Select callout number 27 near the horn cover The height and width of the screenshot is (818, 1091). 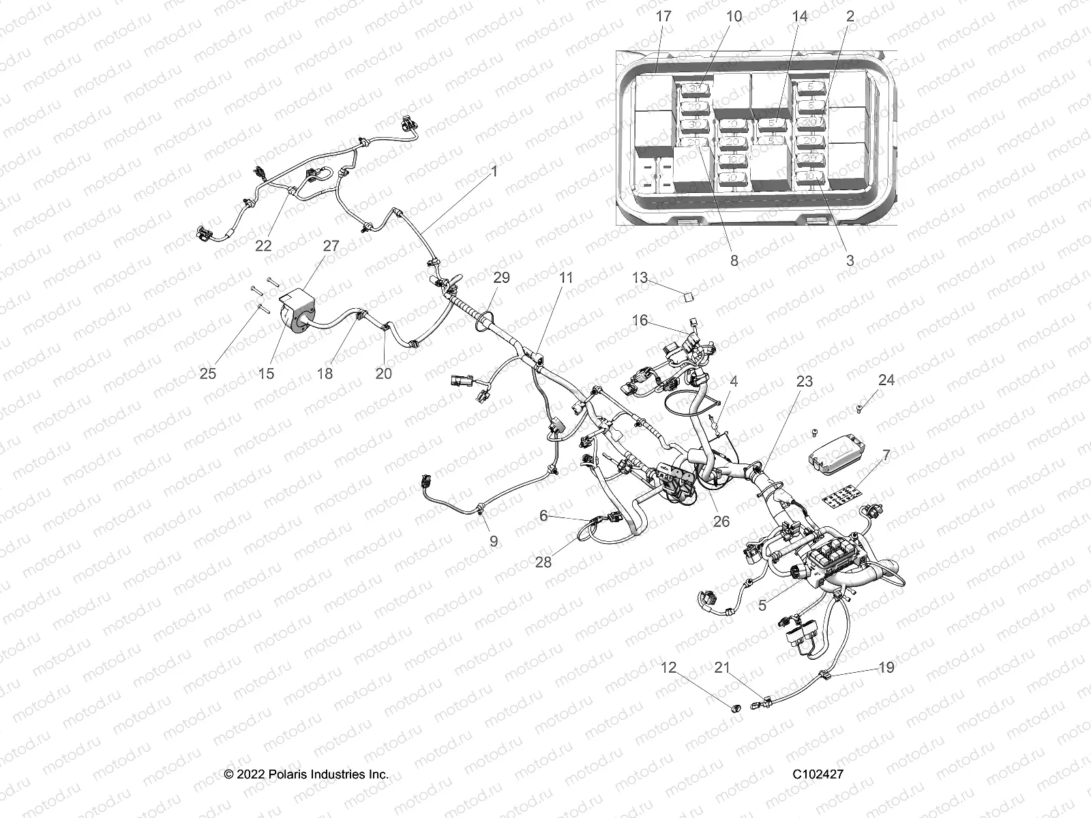pos(331,246)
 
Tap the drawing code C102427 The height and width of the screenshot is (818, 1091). pos(818,774)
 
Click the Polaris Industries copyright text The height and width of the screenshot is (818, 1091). pos(306,774)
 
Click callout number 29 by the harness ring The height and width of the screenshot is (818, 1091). pos(502,278)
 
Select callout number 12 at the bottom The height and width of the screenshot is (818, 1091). pos(668,667)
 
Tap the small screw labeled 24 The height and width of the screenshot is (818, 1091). pos(859,408)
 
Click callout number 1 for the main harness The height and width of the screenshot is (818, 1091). pos(494,171)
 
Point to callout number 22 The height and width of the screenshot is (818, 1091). pos(263,246)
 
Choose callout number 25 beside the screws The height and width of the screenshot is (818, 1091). pos(208,373)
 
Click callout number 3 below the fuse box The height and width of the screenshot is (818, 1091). pos(850,260)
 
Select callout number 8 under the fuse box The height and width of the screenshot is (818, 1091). pos(734,260)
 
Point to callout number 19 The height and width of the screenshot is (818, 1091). pos(886,667)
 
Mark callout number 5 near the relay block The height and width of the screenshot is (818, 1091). pos(762,605)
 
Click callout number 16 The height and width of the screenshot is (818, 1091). pos(640,320)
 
